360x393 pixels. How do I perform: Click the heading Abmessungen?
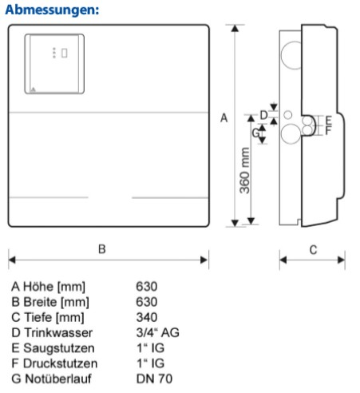click(52, 10)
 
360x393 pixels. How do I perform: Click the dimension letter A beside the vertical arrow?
click(224, 117)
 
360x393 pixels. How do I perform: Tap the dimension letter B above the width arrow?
click(102, 249)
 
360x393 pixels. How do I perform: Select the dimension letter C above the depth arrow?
click(313, 250)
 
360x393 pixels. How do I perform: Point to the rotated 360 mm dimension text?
click(245, 170)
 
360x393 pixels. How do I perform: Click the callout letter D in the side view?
click(263, 115)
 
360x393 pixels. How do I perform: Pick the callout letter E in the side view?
click(329, 121)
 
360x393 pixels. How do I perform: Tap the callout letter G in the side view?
click(255, 133)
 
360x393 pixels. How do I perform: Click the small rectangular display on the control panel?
click(64, 53)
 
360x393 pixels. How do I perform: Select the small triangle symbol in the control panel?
click(33, 89)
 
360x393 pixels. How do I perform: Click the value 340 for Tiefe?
click(147, 317)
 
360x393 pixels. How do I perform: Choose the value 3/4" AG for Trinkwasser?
click(157, 333)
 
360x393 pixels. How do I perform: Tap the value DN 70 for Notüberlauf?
click(154, 379)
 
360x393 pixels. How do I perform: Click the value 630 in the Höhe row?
click(147, 287)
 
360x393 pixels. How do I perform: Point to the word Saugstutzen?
click(59, 348)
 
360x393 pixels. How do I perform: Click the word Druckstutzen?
click(61, 363)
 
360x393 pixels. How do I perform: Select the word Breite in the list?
click(40, 302)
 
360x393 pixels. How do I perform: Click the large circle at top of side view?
click(291, 55)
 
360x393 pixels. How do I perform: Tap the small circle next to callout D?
click(287, 115)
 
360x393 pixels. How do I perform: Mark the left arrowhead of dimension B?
click(12, 260)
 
